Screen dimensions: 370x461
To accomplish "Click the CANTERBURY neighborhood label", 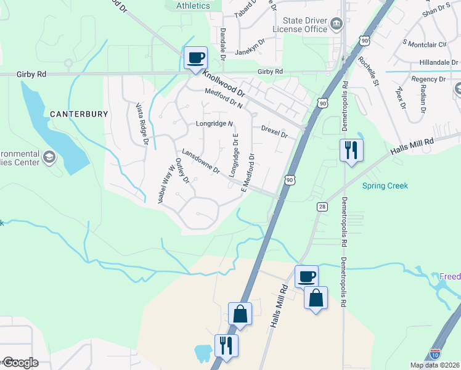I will [x=79, y=114].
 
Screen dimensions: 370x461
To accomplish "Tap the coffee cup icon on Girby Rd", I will [x=195, y=58].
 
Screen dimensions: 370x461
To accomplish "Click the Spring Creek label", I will [x=385, y=186].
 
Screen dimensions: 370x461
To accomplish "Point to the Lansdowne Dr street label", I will [x=200, y=161].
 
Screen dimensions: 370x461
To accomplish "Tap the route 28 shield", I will [x=322, y=208].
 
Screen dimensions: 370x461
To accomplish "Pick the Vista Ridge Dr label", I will [x=142, y=123].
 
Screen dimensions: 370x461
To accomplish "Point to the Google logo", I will [x=20, y=363].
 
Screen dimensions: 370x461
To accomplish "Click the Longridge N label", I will [x=214, y=123].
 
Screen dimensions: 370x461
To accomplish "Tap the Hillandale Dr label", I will [x=439, y=62].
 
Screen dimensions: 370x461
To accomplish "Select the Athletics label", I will [x=193, y=6].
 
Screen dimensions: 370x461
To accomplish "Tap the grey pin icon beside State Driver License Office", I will [x=337, y=25].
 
